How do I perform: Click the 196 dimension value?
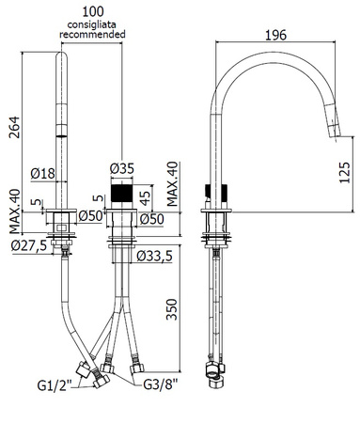[275, 35]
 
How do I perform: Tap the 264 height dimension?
[14, 127]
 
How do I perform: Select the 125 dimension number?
[344, 173]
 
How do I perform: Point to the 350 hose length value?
[171, 310]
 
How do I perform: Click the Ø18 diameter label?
[43, 173]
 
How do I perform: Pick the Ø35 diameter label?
[122, 168]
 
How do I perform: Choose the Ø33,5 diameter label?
[154, 257]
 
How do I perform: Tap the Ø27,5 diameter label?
[29, 245]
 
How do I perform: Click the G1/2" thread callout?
[55, 385]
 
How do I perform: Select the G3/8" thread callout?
[161, 384]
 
